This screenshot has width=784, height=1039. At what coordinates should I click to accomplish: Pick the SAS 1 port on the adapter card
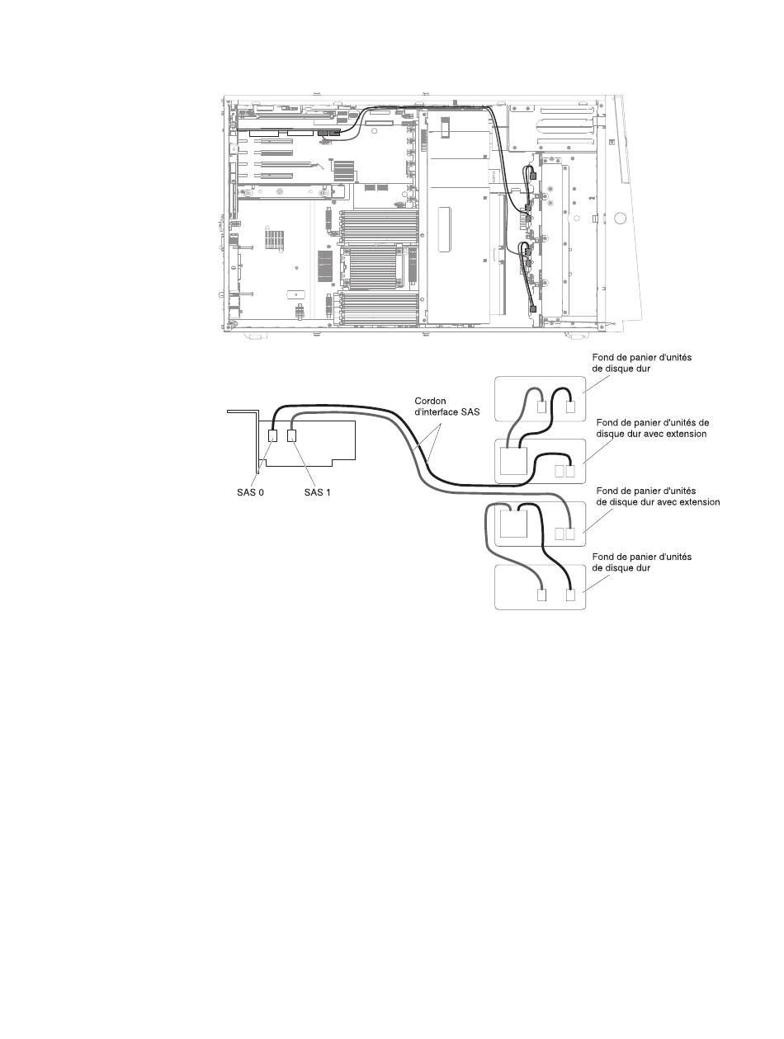point(292,435)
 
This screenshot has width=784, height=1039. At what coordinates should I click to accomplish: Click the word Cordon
point(431,401)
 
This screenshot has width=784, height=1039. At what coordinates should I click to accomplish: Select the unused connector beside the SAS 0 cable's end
point(560,471)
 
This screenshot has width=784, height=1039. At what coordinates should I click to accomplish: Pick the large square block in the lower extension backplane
point(513,524)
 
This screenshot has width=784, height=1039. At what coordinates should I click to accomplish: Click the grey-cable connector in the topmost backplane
point(542,407)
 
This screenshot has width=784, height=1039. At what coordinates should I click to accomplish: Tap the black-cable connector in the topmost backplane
point(570,407)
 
